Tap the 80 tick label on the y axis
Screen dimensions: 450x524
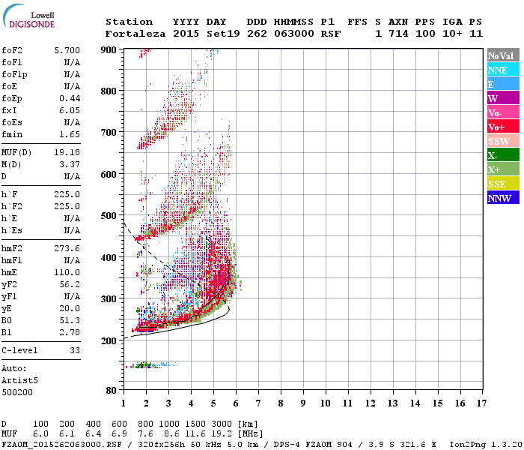tap(110, 391)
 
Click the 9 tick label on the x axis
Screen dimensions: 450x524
tap(303, 403)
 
